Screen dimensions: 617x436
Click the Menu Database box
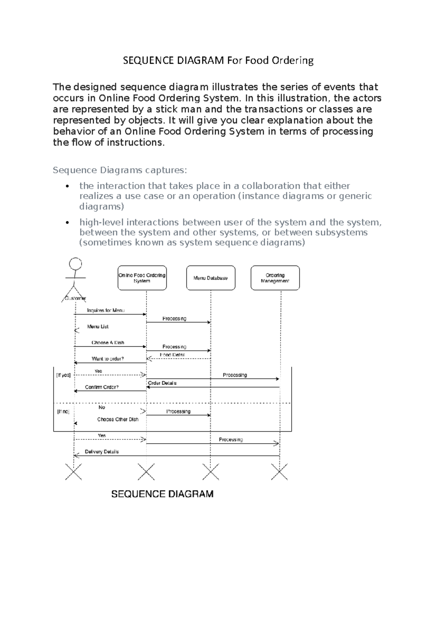[x=211, y=278]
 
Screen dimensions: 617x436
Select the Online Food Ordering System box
[x=142, y=278]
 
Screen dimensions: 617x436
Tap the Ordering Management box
[x=275, y=278]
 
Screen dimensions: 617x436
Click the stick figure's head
[x=76, y=263]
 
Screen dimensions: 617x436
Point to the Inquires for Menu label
[x=106, y=310]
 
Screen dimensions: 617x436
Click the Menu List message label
[x=98, y=327]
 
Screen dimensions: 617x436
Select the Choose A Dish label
[x=108, y=343]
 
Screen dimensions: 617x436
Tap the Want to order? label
[x=108, y=359]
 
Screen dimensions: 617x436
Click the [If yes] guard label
[x=63, y=375]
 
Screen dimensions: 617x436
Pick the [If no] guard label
[x=63, y=412]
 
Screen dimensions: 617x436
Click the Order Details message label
[x=162, y=383]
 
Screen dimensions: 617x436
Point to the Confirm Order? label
[x=102, y=387]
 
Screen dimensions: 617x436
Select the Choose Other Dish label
[x=118, y=419]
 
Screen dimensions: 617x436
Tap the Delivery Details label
[x=102, y=452]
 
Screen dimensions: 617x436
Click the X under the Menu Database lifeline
[x=211, y=472]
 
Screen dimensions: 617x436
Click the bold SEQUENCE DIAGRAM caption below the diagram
[x=162, y=494]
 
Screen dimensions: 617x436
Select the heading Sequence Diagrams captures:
[x=120, y=170]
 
